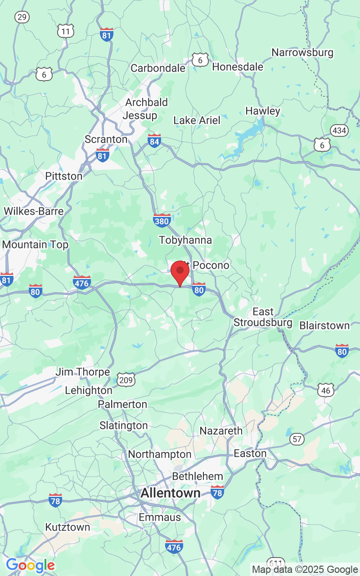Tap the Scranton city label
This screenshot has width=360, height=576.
pyautogui.click(x=106, y=139)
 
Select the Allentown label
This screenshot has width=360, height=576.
pyautogui.click(x=171, y=493)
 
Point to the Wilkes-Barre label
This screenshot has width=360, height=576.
pyautogui.click(x=33, y=211)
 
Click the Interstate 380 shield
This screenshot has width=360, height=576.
pyautogui.click(x=162, y=220)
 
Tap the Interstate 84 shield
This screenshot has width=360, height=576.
pyautogui.click(x=154, y=140)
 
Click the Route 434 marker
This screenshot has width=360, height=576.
pyautogui.click(x=339, y=131)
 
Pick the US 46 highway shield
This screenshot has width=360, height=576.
pyautogui.click(x=326, y=390)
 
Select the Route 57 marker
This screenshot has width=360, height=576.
pyautogui.click(x=297, y=439)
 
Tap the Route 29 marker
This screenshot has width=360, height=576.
pyautogui.click(x=22, y=17)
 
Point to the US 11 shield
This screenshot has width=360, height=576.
pyautogui.click(x=66, y=31)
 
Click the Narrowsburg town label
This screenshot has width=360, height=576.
pyautogui.click(x=302, y=53)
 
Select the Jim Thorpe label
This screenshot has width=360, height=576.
pyautogui.click(x=83, y=372)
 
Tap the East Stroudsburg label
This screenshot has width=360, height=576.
pyautogui.click(x=263, y=317)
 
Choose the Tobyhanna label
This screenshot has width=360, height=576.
pyautogui.click(x=185, y=240)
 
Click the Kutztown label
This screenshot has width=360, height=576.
pyautogui.click(x=67, y=527)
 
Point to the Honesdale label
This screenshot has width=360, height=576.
pyautogui.click(x=238, y=67)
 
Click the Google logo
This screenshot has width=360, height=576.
pyautogui.click(x=30, y=565)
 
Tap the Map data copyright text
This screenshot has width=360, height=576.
pyautogui.click(x=305, y=570)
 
